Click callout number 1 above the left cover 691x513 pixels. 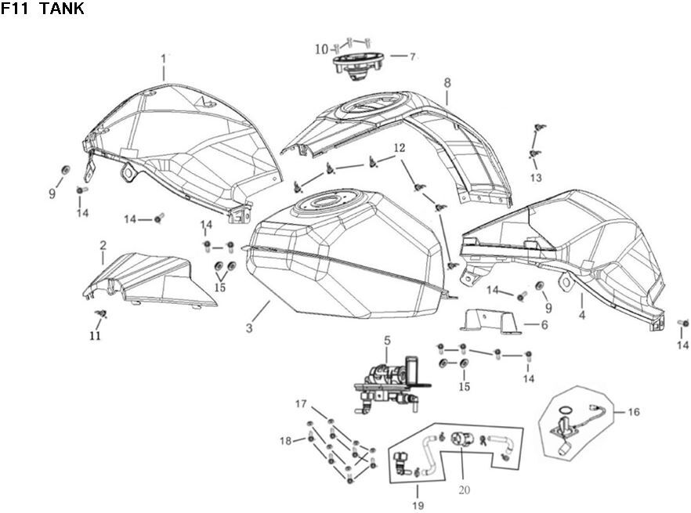164,59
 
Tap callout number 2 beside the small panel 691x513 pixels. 103,246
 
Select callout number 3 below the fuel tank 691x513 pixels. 249,328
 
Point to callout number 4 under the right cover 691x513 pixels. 582,316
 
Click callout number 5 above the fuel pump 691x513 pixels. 386,341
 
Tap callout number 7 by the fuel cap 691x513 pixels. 413,56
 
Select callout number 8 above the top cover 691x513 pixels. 447,82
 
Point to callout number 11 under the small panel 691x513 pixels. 95,337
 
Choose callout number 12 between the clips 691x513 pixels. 400,148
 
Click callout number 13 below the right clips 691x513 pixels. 536,178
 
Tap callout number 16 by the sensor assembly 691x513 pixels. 634,410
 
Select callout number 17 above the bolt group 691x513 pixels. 301,404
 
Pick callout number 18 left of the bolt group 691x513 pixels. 285,441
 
